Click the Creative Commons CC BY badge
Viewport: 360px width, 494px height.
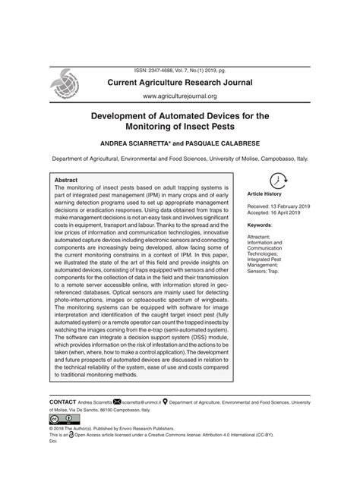tap(59, 419)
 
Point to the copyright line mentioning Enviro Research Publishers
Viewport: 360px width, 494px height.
tap(114, 428)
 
